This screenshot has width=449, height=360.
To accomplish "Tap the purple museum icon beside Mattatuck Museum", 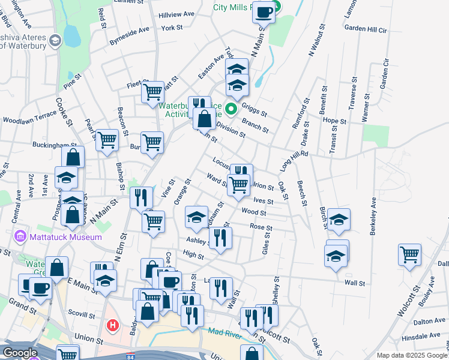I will [x=20, y=236].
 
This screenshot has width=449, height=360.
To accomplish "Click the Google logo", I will [x=20, y=353].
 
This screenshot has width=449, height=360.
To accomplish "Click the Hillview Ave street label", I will [x=176, y=14].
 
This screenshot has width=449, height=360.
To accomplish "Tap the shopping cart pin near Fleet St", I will [x=152, y=92].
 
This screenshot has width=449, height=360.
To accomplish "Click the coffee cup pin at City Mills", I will [x=264, y=11].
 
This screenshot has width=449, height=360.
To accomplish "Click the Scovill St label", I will [x=82, y=314].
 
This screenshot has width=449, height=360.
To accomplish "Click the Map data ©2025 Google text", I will [x=412, y=355].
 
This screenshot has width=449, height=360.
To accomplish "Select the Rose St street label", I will [x=261, y=228].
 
